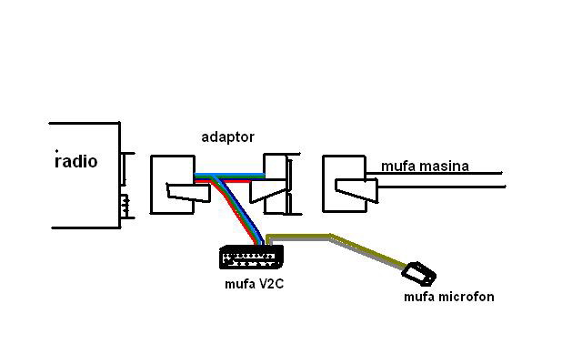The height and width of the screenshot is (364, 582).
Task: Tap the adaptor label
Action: pos(227,136)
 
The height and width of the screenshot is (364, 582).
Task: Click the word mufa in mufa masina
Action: pos(397,166)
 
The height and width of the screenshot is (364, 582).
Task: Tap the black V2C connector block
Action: pos(248,258)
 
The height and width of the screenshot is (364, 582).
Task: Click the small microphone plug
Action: pos(420,272)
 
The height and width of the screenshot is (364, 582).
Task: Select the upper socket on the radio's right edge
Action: pos(127,167)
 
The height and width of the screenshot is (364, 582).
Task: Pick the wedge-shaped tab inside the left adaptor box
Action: pos(179,191)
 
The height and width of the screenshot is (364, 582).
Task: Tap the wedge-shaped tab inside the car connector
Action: pos(356,190)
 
